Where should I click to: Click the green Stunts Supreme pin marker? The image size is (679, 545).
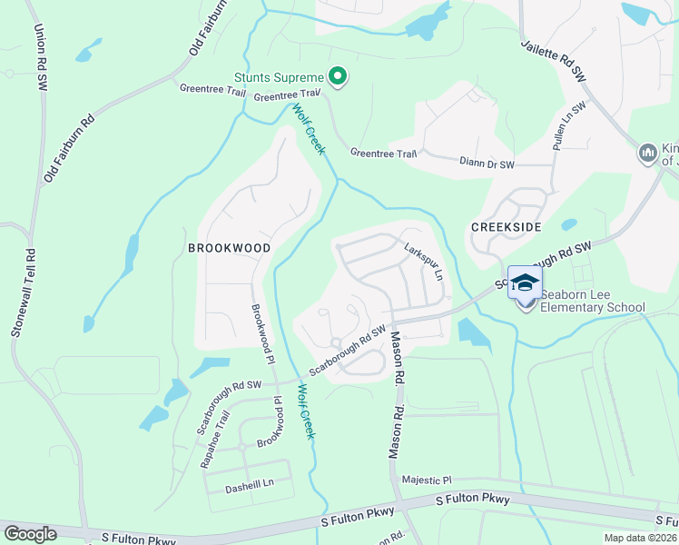click(x=338, y=77)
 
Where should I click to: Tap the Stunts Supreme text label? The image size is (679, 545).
click(x=279, y=77)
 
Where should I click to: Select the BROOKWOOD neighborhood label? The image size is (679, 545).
click(x=229, y=247)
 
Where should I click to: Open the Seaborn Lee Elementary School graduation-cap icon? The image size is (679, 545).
click(x=524, y=284)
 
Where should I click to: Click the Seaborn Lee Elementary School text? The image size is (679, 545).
click(x=592, y=301)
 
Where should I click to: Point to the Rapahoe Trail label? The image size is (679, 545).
click(x=214, y=441)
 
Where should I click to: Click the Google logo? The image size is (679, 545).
click(x=31, y=534)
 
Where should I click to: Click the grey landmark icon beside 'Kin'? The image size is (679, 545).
click(x=647, y=152)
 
